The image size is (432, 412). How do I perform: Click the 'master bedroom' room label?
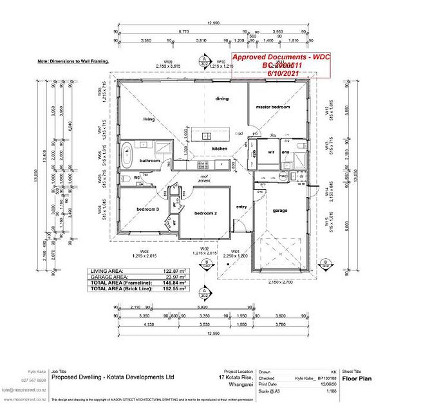coord(272,107)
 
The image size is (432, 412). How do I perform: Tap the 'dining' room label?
coord(221,98)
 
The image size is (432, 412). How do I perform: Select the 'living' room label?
coord(149,120)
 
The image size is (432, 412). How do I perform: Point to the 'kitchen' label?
coord(220,149)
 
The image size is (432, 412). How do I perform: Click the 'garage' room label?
coord(279,210)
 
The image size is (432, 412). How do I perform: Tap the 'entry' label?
coord(241,207)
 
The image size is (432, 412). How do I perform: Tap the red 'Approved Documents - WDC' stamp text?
coord(281,58)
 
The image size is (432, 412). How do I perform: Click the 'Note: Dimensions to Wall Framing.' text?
coord(73,61)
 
